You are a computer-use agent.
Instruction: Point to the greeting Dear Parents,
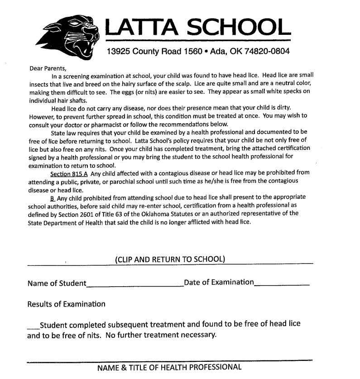click(x=47, y=68)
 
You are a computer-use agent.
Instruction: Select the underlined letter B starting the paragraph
click(x=53, y=197)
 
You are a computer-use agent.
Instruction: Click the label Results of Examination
click(x=66, y=303)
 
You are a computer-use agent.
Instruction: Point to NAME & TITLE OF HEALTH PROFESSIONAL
click(x=169, y=367)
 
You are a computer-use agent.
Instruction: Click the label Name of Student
click(x=57, y=284)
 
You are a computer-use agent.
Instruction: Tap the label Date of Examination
click(x=219, y=283)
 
